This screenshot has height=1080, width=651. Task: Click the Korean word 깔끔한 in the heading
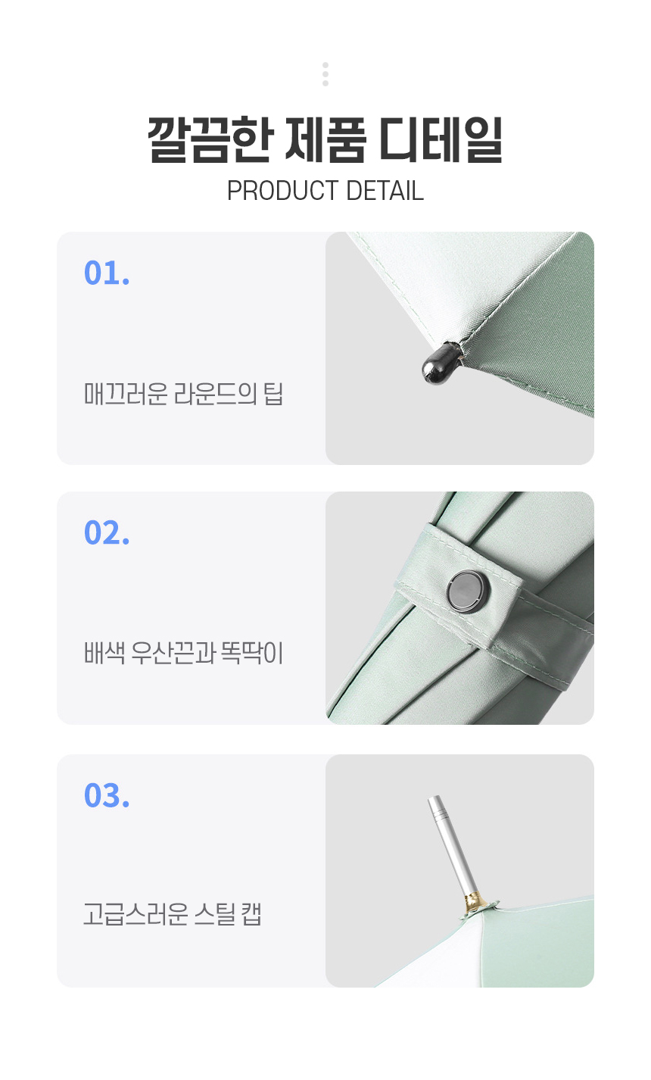click(210, 139)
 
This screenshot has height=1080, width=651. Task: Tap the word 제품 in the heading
click(325, 139)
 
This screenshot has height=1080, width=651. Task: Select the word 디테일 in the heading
click(441, 139)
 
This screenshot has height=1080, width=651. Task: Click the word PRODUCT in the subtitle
click(283, 190)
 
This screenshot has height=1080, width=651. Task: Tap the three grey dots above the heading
click(325, 74)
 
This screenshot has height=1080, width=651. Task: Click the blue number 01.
click(107, 273)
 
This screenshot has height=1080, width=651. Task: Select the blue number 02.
click(107, 532)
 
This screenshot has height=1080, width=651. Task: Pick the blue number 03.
click(107, 795)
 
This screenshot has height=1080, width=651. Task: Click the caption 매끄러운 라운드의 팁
click(183, 393)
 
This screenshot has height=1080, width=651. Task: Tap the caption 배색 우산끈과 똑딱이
click(183, 653)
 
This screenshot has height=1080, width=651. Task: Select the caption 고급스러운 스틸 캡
click(173, 913)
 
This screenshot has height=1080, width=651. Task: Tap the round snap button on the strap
click(468, 592)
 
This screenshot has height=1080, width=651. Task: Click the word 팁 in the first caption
click(273, 393)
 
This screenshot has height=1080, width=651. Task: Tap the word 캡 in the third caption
click(251, 913)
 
